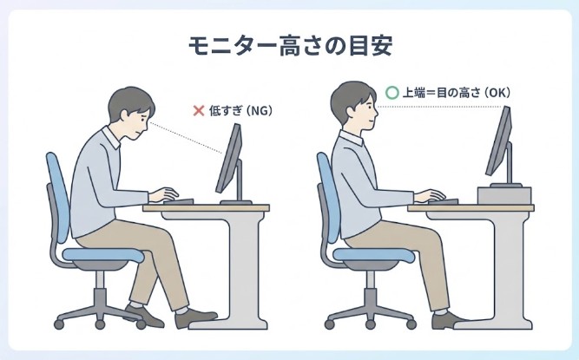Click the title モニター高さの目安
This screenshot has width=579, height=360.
coord(289,45)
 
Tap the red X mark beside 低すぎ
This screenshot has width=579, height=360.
coord(198,110)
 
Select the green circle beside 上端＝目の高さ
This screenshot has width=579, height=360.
coord(391,91)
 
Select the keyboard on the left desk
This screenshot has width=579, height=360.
coord(178,202)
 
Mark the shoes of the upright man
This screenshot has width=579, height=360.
coord(451,321)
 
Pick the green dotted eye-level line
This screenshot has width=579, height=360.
coord(443,107)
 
